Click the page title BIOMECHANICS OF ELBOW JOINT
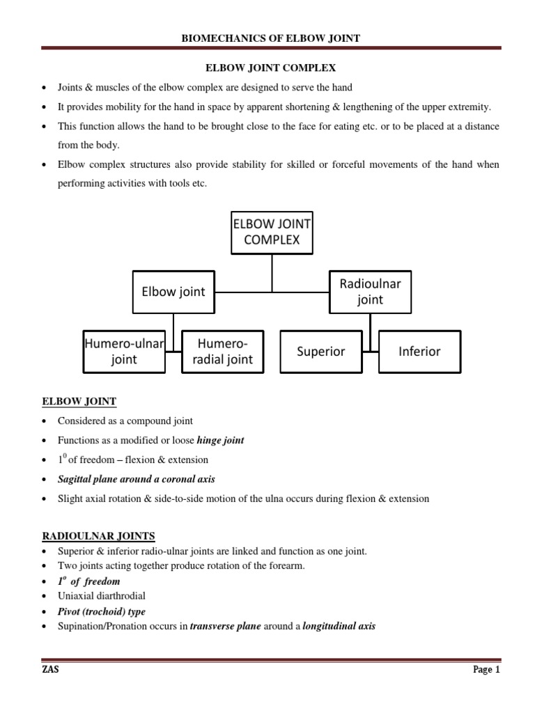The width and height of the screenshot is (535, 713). tap(270, 38)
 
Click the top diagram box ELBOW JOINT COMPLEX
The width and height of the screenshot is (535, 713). tap(272, 233)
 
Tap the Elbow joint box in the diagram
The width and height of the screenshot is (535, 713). tap(173, 292)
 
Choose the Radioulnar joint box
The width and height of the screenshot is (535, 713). tap(370, 292)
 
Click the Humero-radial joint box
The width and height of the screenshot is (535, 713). tap(222, 352)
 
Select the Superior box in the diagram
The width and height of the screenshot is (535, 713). tap(321, 352)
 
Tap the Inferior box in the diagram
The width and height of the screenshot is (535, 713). tap(419, 352)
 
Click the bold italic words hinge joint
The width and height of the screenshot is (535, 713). tap(220, 440)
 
